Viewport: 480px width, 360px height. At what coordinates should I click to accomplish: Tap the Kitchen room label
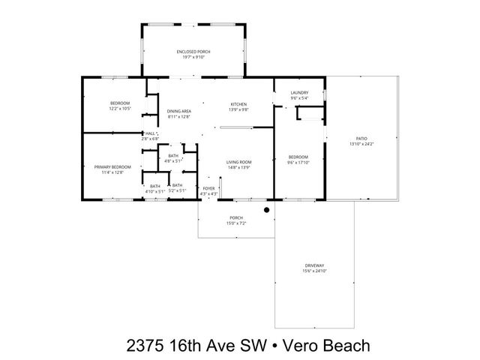pos(238,103)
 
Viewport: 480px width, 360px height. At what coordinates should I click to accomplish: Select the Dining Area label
pos(178,111)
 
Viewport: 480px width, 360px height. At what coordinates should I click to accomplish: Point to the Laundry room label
pos(299,92)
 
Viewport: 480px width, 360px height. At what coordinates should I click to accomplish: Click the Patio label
pos(361,139)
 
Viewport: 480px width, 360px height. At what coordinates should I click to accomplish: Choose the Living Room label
pos(238,161)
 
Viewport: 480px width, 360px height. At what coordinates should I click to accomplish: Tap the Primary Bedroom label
pos(112,166)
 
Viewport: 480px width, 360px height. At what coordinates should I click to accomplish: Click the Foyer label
pos(208,189)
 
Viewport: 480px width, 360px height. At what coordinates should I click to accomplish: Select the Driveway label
pos(314,265)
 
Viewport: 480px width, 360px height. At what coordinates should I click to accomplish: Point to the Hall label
pos(149,133)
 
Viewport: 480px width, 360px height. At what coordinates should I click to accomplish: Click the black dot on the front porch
pos(266,211)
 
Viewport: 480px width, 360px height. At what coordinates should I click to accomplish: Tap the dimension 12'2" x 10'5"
pos(121,109)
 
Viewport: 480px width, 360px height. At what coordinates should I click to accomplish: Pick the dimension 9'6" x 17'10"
pos(298,162)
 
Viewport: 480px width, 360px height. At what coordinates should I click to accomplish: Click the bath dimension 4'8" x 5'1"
pos(173,160)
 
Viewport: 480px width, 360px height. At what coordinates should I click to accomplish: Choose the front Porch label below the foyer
pos(235,218)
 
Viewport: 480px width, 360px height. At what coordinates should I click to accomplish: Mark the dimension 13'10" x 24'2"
pos(361,144)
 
